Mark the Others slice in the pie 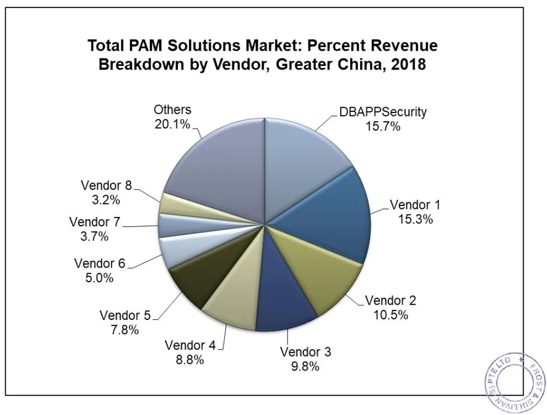(x=219, y=167)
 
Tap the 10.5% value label (x=390, y=315)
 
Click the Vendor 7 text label (x=94, y=222)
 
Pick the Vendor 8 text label (x=106, y=185)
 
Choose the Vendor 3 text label (x=305, y=352)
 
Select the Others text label (x=172, y=110)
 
